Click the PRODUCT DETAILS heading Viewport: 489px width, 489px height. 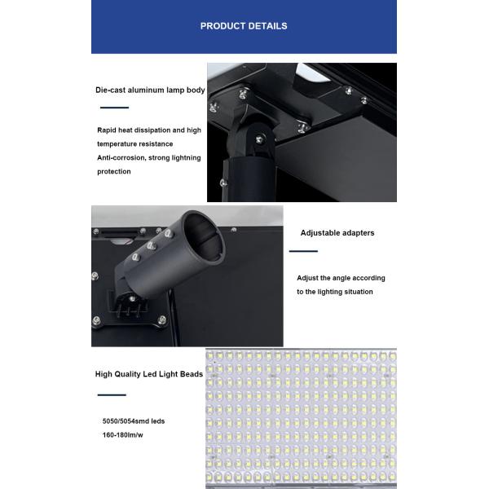point(244,26)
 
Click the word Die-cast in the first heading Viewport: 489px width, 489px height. point(110,90)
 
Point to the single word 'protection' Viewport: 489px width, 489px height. point(114,171)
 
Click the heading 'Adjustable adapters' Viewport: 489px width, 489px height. point(337,233)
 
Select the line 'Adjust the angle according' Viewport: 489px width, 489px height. point(341,278)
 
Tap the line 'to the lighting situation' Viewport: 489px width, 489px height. point(335,292)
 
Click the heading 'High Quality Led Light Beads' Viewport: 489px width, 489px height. point(149,374)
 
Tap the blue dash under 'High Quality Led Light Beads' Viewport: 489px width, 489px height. point(112,394)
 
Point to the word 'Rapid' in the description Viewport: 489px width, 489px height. point(108,130)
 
